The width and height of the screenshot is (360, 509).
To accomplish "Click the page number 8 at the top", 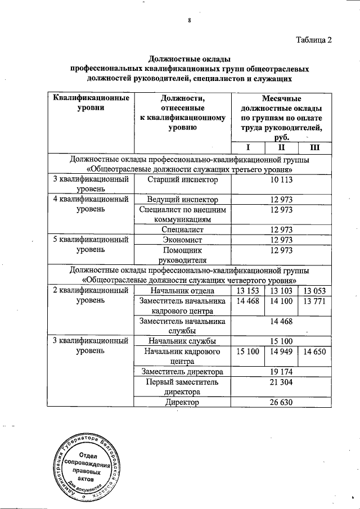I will (190, 21).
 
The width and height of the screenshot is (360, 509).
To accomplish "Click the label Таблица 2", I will (313, 39).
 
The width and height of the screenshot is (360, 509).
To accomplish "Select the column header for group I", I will (247, 147).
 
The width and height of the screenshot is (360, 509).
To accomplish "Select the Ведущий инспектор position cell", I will (182, 200).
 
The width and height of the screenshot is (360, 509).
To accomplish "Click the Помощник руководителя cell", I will (182, 255).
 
